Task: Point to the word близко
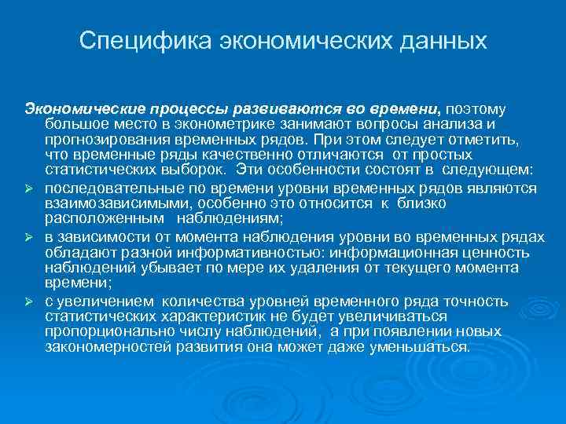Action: coord(418,203)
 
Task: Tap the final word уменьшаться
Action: coord(427,346)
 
